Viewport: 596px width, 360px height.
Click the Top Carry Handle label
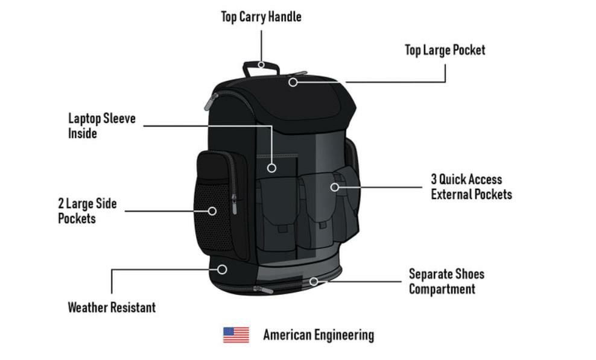click(x=261, y=17)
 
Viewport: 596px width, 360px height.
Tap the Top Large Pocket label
click(x=445, y=50)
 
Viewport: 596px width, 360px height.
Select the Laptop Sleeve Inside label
click(x=102, y=125)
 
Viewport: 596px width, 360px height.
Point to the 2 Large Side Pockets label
click(x=87, y=210)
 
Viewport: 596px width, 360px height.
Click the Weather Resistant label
click(x=112, y=307)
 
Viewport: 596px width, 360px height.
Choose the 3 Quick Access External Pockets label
click(x=471, y=187)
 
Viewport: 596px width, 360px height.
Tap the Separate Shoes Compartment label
click(x=446, y=281)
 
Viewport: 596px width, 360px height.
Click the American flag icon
click(x=236, y=335)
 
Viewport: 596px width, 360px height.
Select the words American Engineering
click(x=319, y=335)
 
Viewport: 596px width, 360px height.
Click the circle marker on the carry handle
click(x=261, y=65)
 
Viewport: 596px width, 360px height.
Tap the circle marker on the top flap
click(x=293, y=82)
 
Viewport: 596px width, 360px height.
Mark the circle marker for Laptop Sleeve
click(x=271, y=168)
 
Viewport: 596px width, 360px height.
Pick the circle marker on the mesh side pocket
click(x=212, y=211)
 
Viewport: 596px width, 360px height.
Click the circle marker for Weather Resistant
click(x=222, y=270)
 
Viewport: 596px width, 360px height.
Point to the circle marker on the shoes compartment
click(x=314, y=282)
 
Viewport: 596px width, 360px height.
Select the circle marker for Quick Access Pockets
click(x=334, y=187)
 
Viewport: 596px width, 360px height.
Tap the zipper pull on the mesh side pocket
click(x=235, y=204)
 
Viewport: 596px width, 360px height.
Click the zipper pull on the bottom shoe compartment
click(x=263, y=289)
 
